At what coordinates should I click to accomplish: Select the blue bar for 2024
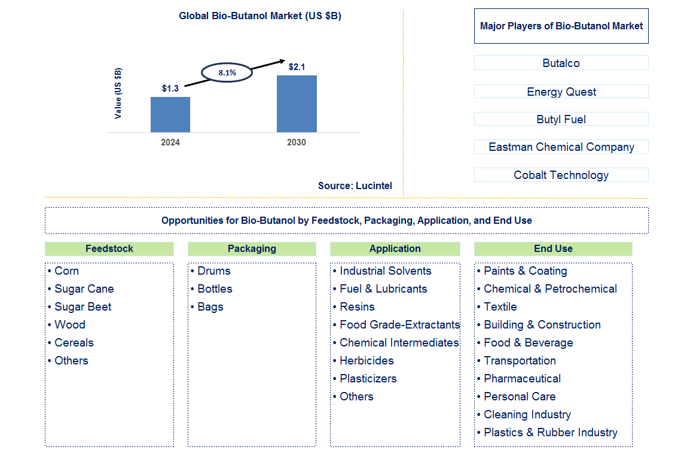click(x=170, y=114)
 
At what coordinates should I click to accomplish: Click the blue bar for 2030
click(x=297, y=104)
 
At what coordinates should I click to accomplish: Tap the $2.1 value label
click(x=297, y=67)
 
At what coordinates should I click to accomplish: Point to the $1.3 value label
click(x=170, y=89)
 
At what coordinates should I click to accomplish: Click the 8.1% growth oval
click(x=227, y=72)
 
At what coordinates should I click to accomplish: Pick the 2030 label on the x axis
click(x=297, y=142)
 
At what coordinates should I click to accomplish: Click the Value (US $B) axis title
click(x=118, y=93)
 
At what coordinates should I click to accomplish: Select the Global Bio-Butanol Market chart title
click(x=260, y=16)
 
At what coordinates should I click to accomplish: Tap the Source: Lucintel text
click(x=355, y=186)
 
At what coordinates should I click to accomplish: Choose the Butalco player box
click(x=561, y=63)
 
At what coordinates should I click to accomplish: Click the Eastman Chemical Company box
click(x=561, y=147)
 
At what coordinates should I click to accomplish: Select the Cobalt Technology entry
click(x=561, y=175)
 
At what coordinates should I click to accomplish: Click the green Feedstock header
click(x=109, y=248)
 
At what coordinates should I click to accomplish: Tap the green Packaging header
click(x=252, y=248)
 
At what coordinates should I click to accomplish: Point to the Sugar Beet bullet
click(x=83, y=306)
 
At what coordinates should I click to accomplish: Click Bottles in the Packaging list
click(x=215, y=288)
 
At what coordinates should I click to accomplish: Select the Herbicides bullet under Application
click(x=367, y=360)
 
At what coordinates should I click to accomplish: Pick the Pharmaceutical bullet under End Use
click(x=522, y=378)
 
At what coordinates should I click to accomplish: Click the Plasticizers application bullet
click(x=368, y=378)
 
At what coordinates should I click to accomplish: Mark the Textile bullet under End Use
click(x=500, y=306)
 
